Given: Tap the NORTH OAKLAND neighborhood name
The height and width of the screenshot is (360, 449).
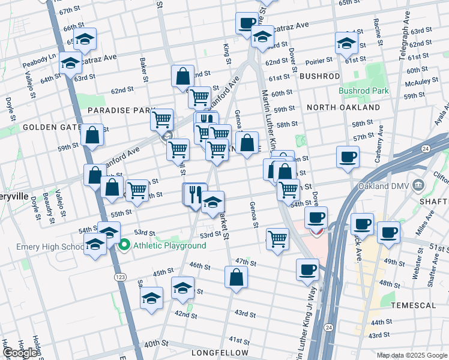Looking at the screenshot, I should pyautogui.click(x=343, y=107).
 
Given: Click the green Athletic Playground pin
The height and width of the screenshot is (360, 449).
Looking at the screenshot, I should pyautogui.click(x=124, y=245).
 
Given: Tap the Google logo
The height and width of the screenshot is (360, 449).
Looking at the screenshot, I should pyautogui.click(x=20, y=353).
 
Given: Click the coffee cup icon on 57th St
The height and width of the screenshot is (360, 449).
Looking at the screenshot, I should pyautogui.click(x=348, y=158).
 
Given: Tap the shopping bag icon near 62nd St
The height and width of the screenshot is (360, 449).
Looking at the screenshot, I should pyautogui.click(x=182, y=77).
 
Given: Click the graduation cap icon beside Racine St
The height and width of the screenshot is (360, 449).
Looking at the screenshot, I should pyautogui.click(x=346, y=43).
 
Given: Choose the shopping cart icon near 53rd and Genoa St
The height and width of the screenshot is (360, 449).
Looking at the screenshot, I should pyautogui.click(x=277, y=239).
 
